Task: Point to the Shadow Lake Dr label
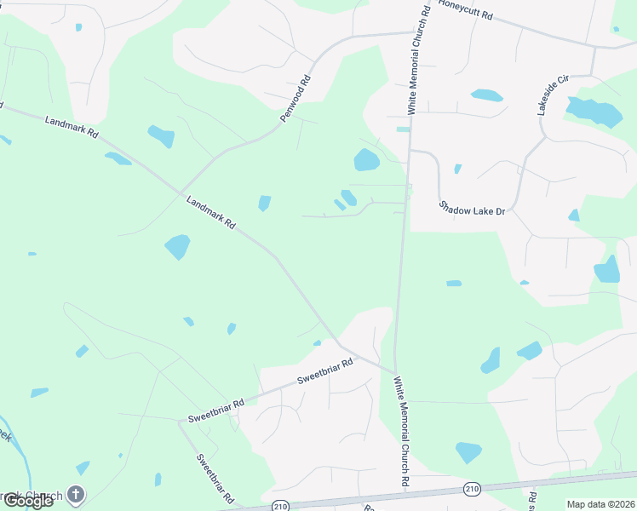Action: coord(473,207)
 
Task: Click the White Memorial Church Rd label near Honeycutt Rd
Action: coord(416,59)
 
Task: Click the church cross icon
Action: coord(76,493)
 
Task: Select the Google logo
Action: coord(28,501)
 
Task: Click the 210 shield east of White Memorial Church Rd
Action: coord(472,487)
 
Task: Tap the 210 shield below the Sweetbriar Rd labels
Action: coord(280,506)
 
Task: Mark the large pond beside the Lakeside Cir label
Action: coord(593,112)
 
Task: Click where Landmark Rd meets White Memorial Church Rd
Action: coord(394,372)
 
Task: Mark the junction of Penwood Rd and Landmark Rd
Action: coord(180,191)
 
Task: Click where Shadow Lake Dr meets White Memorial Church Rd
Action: coord(410,151)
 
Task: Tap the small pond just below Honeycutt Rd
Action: coord(486,95)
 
